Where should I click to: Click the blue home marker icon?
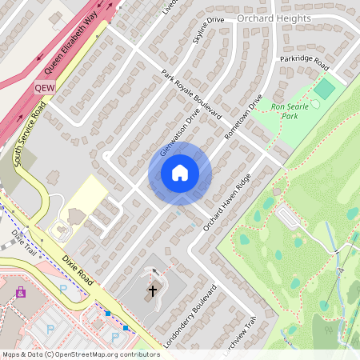[x=180, y=172]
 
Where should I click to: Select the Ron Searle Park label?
[x=289, y=110]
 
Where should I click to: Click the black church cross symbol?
[x=153, y=290]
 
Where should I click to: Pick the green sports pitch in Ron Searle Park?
[x=324, y=89]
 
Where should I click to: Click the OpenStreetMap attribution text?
[x=80, y=354]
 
